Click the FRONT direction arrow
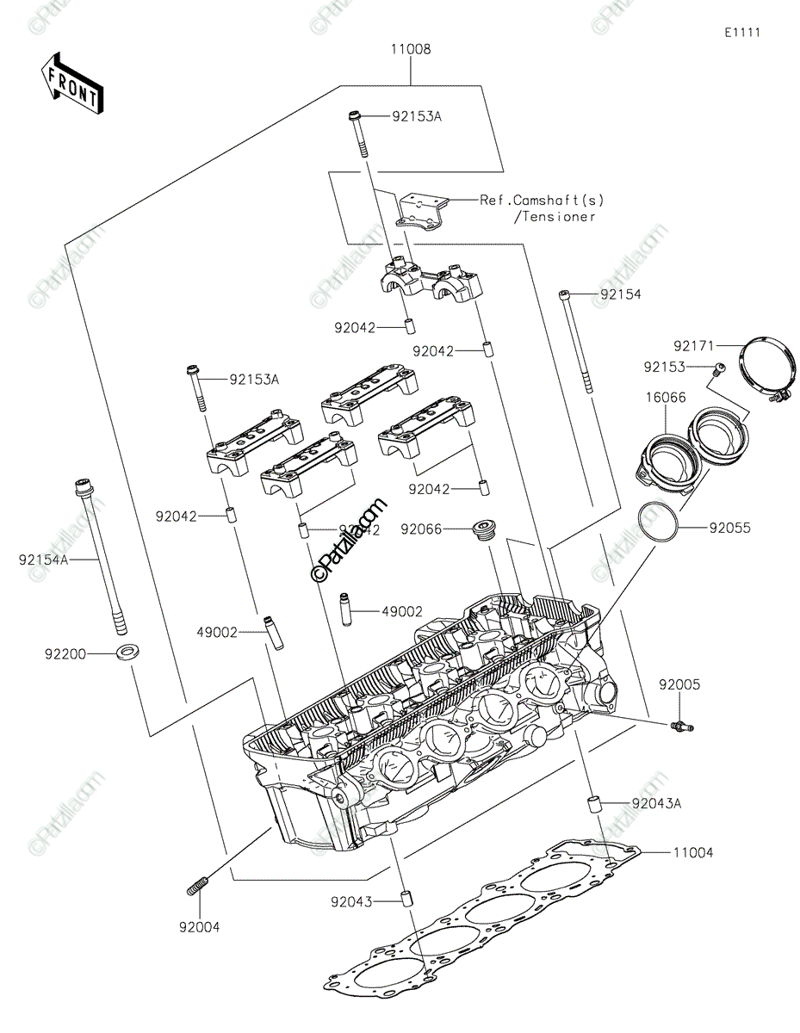pyautogui.click(x=71, y=83)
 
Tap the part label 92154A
pyautogui.click(x=42, y=560)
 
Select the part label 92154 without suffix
pyautogui.click(x=621, y=294)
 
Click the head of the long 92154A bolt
pyautogui.click(x=84, y=488)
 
